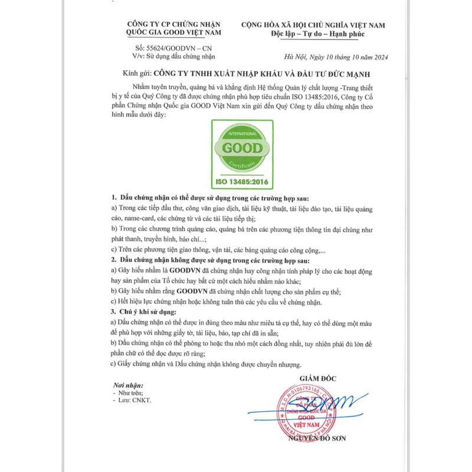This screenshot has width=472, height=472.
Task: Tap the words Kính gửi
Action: pyautogui.click(x=135, y=75)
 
